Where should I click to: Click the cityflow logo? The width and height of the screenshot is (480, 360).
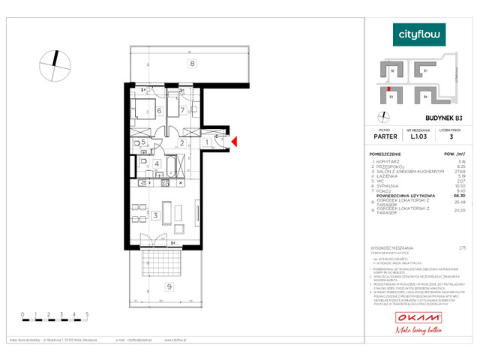pos(419,34)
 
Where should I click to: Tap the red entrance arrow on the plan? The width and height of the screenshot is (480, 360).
pos(234,141)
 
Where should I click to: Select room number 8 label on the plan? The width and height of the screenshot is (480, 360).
pos(192,64)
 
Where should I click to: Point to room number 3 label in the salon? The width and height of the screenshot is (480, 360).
pos(154,216)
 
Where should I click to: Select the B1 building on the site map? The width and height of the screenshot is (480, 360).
pos(425,70)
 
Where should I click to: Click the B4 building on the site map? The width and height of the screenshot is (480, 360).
pos(425,96)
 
